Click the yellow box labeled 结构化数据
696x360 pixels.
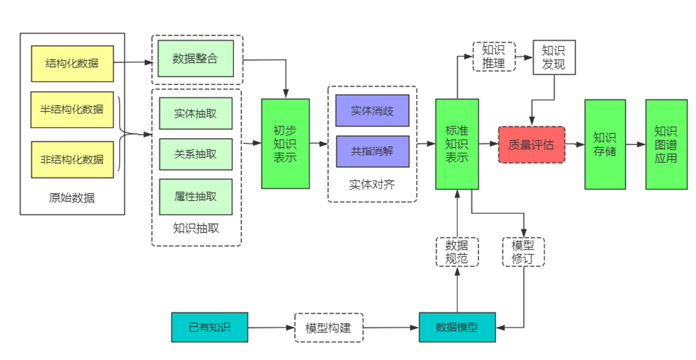pyautogui.click(x=72, y=63)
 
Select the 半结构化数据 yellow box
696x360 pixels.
pyautogui.click(x=72, y=109)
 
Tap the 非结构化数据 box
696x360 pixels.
pyautogui.click(x=72, y=159)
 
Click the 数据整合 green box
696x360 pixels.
pyautogui.click(x=196, y=59)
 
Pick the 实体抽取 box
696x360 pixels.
pyautogui.click(x=196, y=113)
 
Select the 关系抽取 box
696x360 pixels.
pyautogui.click(x=196, y=154)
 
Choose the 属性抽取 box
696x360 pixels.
pyautogui.click(x=196, y=197)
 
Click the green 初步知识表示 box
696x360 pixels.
pyautogui.click(x=285, y=144)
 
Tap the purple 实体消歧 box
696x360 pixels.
pyautogui.click(x=372, y=111)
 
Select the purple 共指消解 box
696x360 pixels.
pyautogui.click(x=372, y=151)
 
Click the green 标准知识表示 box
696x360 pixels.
pyautogui.click(x=457, y=144)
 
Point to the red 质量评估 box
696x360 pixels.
pyautogui.click(x=531, y=144)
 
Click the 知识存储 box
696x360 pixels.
pyautogui.click(x=605, y=144)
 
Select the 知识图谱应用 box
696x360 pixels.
pyautogui.click(x=666, y=144)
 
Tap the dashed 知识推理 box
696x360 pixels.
pyautogui.click(x=493, y=56)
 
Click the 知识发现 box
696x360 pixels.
pyautogui.click(x=553, y=57)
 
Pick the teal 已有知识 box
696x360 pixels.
pyautogui.click(x=209, y=327)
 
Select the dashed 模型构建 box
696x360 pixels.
pyautogui.click(x=328, y=327)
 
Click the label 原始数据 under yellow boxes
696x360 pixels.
pyautogui.click(x=72, y=198)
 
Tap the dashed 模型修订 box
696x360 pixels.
pyautogui.click(x=523, y=251)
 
